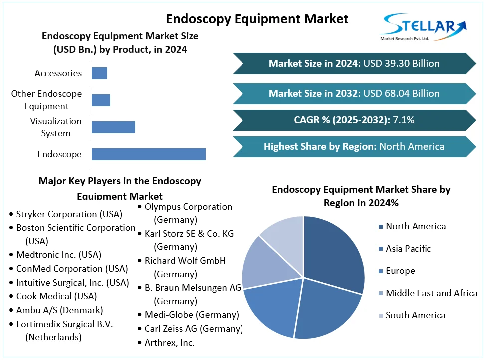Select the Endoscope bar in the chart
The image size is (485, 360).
pos(148,154)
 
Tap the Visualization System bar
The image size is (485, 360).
pos(113,127)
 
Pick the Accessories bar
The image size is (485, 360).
pos(99,73)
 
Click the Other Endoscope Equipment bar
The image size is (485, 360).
pos(101,100)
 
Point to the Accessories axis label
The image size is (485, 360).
pos(58,73)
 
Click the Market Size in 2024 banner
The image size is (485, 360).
pos(354,64)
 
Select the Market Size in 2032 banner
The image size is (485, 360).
pos(354,93)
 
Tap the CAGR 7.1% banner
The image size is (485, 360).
pos(354,120)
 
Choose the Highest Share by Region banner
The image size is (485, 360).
pos(354,147)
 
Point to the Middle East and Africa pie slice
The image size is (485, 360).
pos(259,262)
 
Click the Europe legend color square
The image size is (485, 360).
pos(381,271)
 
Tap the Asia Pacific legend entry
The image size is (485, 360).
pos(408,249)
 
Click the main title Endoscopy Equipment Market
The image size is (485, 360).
pos(256,19)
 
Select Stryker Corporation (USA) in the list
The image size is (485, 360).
pos(69,214)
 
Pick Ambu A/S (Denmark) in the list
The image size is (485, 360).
pos(59,310)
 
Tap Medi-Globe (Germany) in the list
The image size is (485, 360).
pos(191,315)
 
